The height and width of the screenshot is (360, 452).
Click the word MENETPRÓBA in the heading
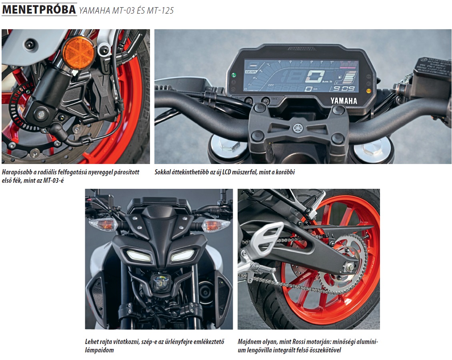[39, 10]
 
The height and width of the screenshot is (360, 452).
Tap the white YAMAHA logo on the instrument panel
[344, 101]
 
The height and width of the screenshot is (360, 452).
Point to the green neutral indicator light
[234, 75]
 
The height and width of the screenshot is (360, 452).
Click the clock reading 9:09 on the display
[344, 88]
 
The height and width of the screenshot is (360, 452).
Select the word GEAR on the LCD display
[251, 72]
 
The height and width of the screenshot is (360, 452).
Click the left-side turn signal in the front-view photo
[103, 224]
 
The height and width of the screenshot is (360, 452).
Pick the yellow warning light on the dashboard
[368, 91]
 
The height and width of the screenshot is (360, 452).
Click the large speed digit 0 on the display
[315, 76]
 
